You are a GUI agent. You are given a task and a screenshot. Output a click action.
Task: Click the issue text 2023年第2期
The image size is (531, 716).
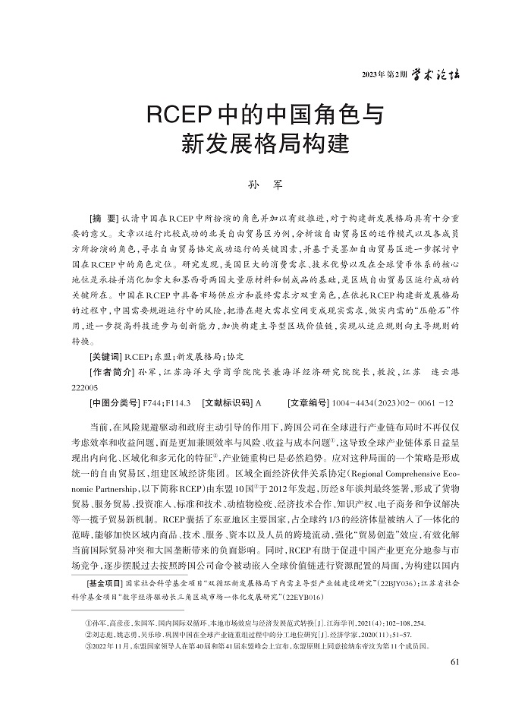tap(385, 75)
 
